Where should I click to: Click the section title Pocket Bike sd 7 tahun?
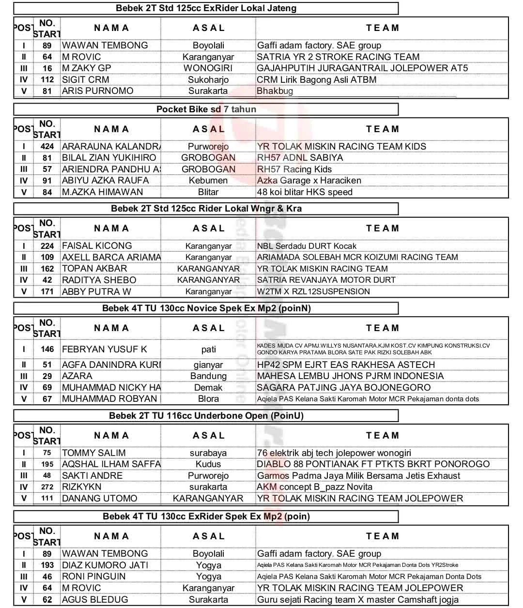(x=206, y=109)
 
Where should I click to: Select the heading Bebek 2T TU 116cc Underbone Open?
(x=206, y=416)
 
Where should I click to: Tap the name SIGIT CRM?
(x=86, y=79)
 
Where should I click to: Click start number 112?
(x=47, y=79)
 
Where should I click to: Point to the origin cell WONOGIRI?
(x=208, y=68)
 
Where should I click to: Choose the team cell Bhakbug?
(x=275, y=91)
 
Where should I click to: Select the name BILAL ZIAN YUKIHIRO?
(x=109, y=158)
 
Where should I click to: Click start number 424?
(x=47, y=146)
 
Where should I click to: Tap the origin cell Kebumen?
(x=208, y=181)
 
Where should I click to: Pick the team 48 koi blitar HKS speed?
(x=305, y=192)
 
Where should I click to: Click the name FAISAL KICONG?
(x=97, y=246)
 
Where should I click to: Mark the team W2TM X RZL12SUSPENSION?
(x=313, y=291)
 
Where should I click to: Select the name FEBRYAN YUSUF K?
(x=105, y=349)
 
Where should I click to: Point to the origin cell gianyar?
(x=208, y=365)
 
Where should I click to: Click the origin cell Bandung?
(x=208, y=376)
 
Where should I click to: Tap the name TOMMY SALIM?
(x=94, y=453)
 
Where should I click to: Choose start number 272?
(x=47, y=487)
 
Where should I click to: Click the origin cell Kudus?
(x=208, y=464)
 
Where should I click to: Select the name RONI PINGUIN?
(x=93, y=577)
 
